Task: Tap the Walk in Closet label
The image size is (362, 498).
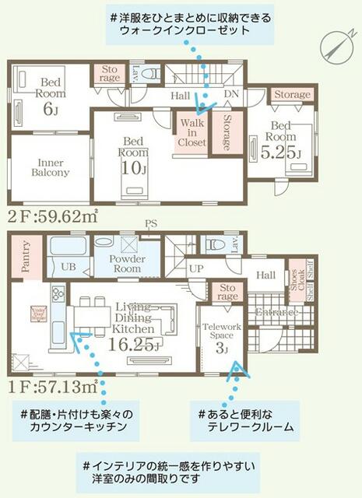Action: point(192,132)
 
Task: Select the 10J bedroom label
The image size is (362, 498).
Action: point(133,156)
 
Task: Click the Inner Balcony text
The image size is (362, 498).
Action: point(50,167)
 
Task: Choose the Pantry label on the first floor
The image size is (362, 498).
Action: point(25,257)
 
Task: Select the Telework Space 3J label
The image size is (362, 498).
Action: point(221,335)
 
